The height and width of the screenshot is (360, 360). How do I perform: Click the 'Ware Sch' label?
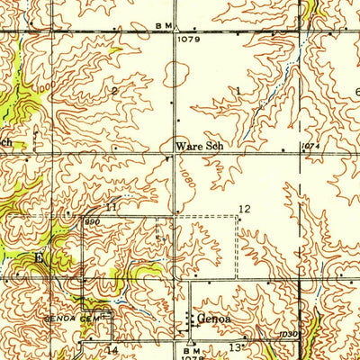(x=197, y=144)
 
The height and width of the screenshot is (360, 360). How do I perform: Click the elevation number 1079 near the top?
(x=188, y=40)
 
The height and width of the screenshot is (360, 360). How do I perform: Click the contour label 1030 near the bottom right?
(x=287, y=334)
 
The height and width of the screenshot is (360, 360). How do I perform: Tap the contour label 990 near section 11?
(x=92, y=220)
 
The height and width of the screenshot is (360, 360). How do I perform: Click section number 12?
(x=243, y=209)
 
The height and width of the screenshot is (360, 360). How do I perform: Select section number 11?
(x=111, y=207)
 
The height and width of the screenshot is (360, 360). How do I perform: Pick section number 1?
(x=238, y=91)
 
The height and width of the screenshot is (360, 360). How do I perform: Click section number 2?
(x=114, y=91)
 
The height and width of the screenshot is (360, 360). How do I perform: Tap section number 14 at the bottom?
(x=112, y=349)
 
